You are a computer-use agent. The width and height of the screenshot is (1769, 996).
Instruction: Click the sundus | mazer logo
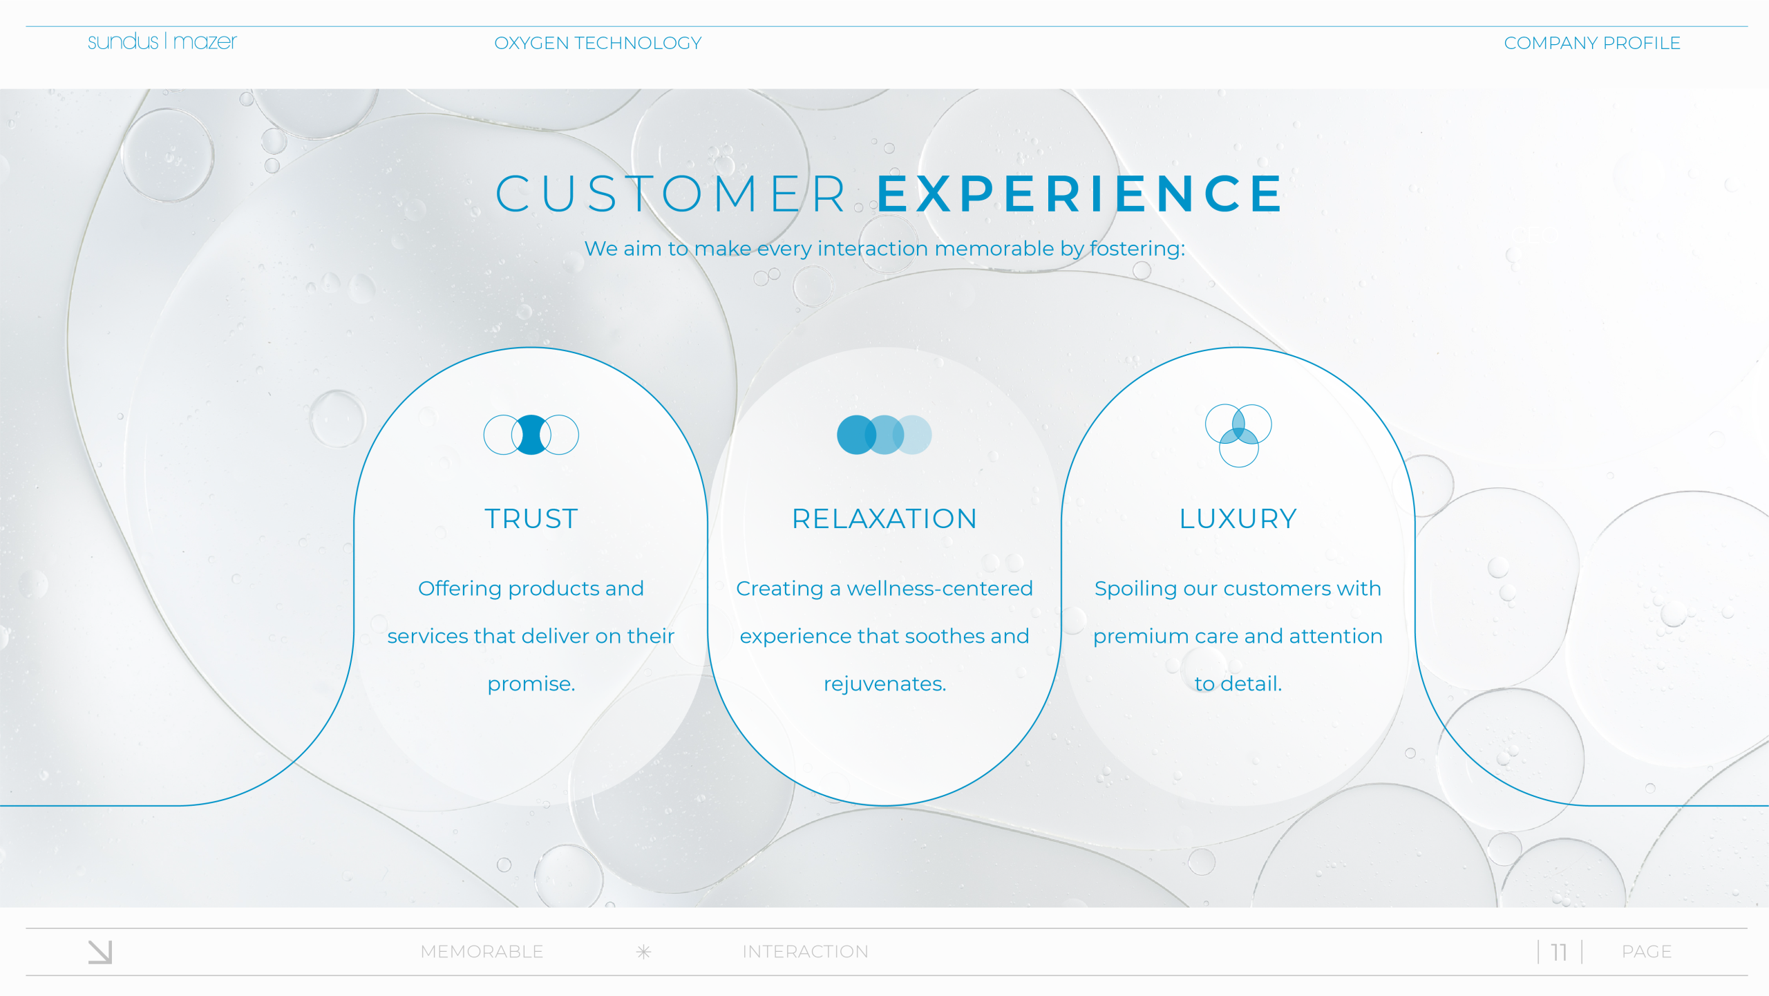162,41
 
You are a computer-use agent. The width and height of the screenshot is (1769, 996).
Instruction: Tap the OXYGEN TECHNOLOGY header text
598,43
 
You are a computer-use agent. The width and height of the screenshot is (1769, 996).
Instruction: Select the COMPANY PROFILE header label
1592,43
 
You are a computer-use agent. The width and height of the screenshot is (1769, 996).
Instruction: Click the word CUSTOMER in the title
671,194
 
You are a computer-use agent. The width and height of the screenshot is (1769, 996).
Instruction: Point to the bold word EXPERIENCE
1081,194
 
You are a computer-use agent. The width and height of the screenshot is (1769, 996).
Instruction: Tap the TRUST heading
531,518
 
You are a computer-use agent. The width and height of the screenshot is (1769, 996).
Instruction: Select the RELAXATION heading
884,518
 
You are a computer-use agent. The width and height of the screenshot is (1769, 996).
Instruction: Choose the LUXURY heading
1238,518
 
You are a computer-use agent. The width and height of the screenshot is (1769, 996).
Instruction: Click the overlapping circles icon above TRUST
531,435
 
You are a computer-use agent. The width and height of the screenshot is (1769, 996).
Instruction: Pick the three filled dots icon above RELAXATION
884,435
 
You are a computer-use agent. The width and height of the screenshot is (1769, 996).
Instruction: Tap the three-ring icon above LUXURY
1238,435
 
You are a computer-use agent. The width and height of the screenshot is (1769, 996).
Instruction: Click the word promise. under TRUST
531,684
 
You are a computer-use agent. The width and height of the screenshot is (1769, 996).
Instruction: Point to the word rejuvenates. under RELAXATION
884,684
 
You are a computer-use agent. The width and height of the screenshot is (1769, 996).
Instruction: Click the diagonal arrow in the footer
100,952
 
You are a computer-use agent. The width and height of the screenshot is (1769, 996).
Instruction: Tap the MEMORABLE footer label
482,952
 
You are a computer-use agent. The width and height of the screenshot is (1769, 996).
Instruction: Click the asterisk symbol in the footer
643,952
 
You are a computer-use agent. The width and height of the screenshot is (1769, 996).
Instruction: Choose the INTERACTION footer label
805,952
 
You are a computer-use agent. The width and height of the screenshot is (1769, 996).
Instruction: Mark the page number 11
1558,952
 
